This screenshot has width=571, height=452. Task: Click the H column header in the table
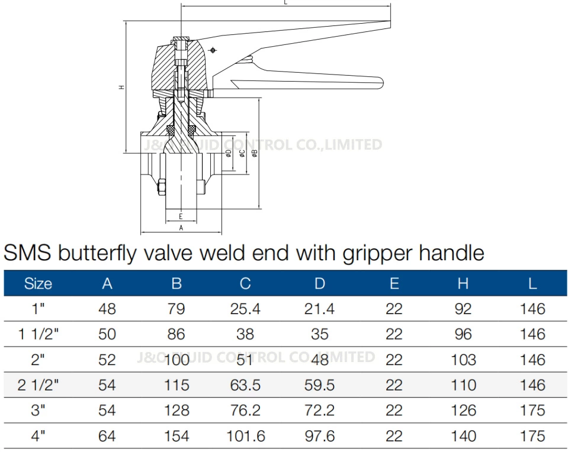(463, 284)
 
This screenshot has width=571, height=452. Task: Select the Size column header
(38, 284)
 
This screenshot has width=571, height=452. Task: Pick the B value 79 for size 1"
(176, 309)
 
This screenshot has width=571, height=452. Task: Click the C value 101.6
(245, 437)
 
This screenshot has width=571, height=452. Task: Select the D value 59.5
(319, 386)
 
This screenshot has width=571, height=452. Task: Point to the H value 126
(463, 411)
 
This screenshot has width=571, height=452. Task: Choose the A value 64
(107, 437)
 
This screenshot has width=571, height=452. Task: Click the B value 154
(176, 437)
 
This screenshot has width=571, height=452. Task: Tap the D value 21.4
(319, 309)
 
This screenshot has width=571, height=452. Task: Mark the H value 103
(463, 360)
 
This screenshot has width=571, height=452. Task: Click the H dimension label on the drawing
(121, 87)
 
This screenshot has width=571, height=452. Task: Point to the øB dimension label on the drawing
(255, 153)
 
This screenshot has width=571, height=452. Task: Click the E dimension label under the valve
(181, 217)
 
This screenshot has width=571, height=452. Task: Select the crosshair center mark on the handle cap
(213, 50)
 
